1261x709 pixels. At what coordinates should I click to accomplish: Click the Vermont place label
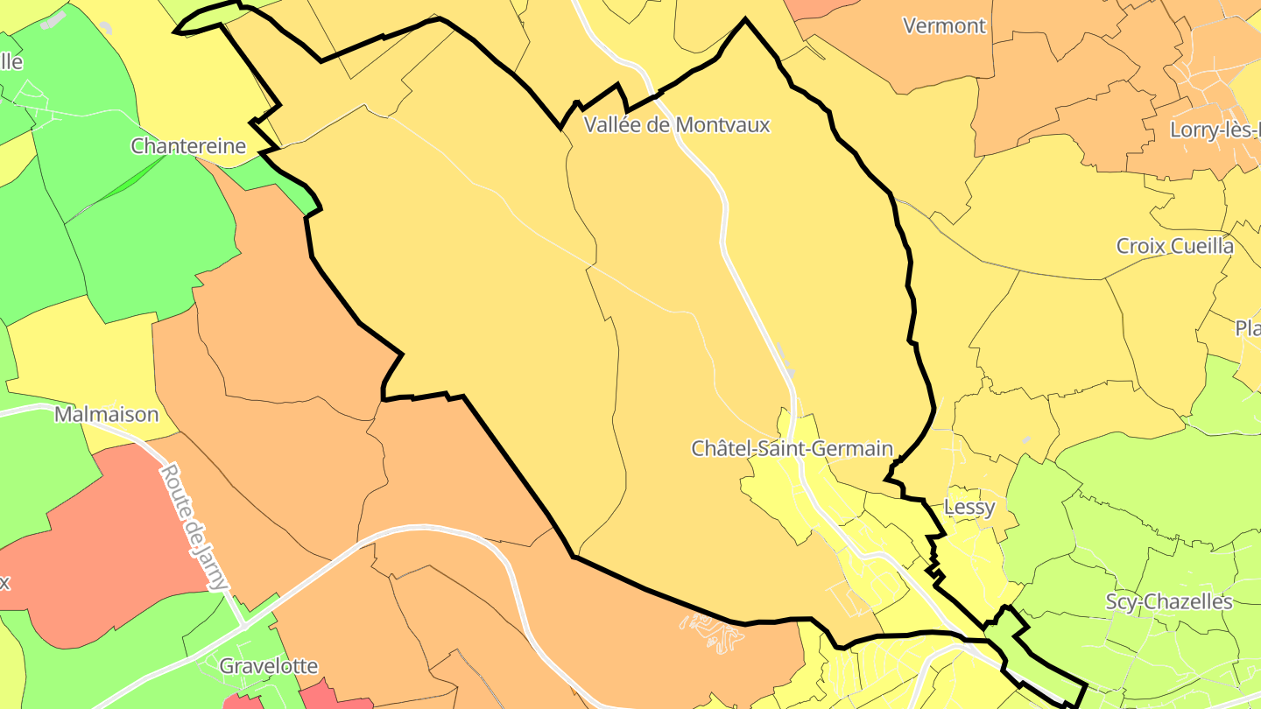pyautogui.click(x=944, y=25)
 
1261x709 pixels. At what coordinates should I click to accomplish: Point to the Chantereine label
pyautogui.click(x=188, y=146)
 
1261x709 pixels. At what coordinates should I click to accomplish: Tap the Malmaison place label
pyautogui.click(x=106, y=414)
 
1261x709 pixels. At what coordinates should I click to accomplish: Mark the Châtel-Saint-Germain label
pyautogui.click(x=792, y=449)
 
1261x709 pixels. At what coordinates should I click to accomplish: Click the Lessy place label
pyautogui.click(x=969, y=508)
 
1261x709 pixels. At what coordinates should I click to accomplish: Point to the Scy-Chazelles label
pyautogui.click(x=1169, y=602)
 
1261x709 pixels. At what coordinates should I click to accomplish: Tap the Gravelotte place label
pyautogui.click(x=268, y=666)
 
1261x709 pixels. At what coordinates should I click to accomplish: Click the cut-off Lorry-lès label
pyautogui.click(x=1214, y=130)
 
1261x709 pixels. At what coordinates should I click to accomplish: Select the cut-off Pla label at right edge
pyautogui.click(x=1247, y=328)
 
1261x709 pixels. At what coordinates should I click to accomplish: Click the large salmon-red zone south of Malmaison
pyautogui.click(x=114, y=534)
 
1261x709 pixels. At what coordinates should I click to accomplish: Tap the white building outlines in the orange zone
pyautogui.click(x=714, y=632)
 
